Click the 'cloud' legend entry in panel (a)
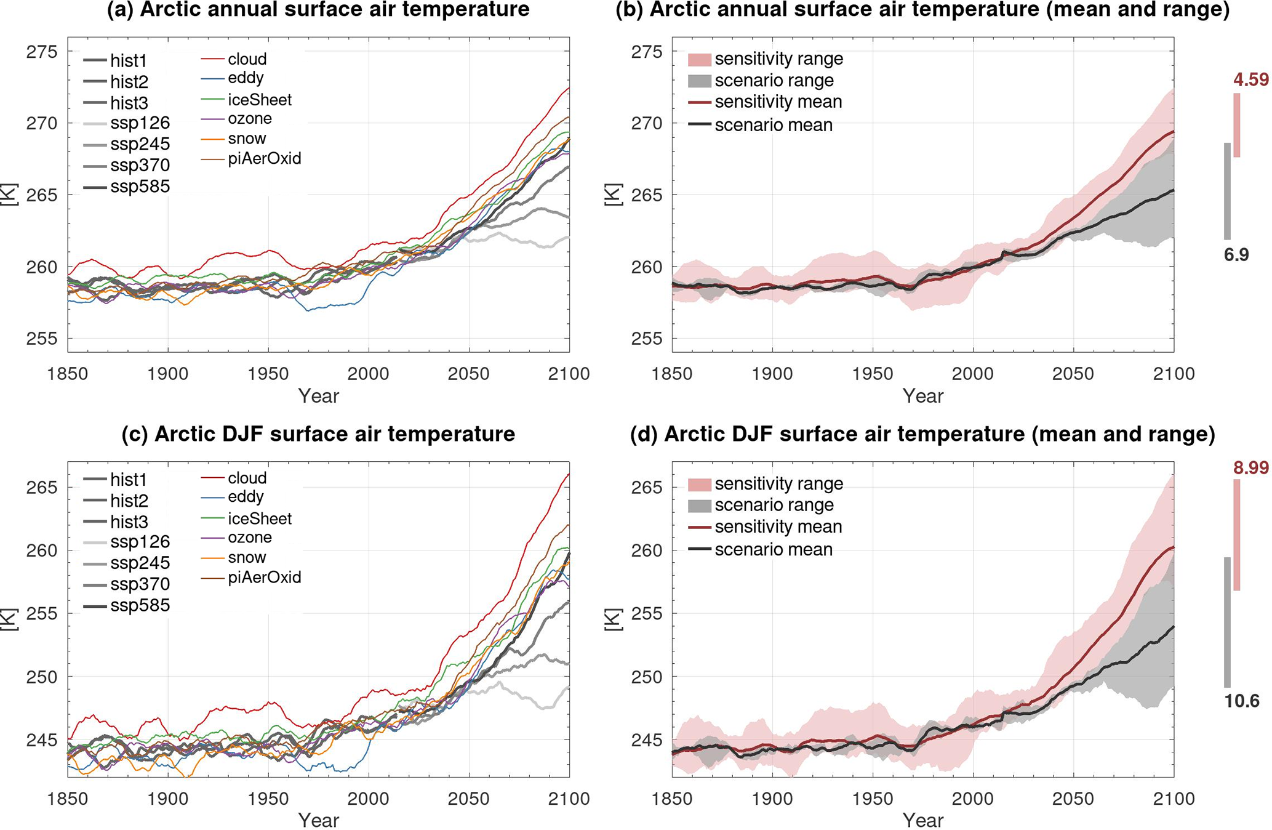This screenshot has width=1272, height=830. tap(247, 59)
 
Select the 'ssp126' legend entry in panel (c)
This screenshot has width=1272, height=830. tap(140, 542)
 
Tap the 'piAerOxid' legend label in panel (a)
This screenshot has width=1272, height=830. tap(264, 159)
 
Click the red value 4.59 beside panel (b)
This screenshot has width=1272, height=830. tap(1250, 80)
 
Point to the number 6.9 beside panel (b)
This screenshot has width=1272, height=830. tap(1236, 255)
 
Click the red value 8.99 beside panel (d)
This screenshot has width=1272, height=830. tap(1250, 468)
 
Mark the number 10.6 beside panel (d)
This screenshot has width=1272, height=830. tap(1241, 701)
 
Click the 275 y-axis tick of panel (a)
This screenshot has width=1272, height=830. tap(41, 52)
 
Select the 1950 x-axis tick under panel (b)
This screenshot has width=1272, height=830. tap(873, 374)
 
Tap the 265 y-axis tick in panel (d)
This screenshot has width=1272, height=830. tap(646, 488)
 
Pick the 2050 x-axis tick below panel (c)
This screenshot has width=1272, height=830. tap(469, 799)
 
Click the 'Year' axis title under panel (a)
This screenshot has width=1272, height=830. tap(318, 396)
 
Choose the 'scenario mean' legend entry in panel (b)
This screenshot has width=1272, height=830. tap(773, 125)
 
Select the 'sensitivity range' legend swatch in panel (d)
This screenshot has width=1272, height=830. tap(700, 484)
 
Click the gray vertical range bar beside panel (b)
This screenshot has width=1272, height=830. tap(1227, 191)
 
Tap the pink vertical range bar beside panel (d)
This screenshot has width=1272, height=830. tap(1237, 534)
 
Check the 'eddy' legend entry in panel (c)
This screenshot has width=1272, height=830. tap(246, 497)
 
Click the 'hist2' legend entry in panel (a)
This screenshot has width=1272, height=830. tap(129, 82)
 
